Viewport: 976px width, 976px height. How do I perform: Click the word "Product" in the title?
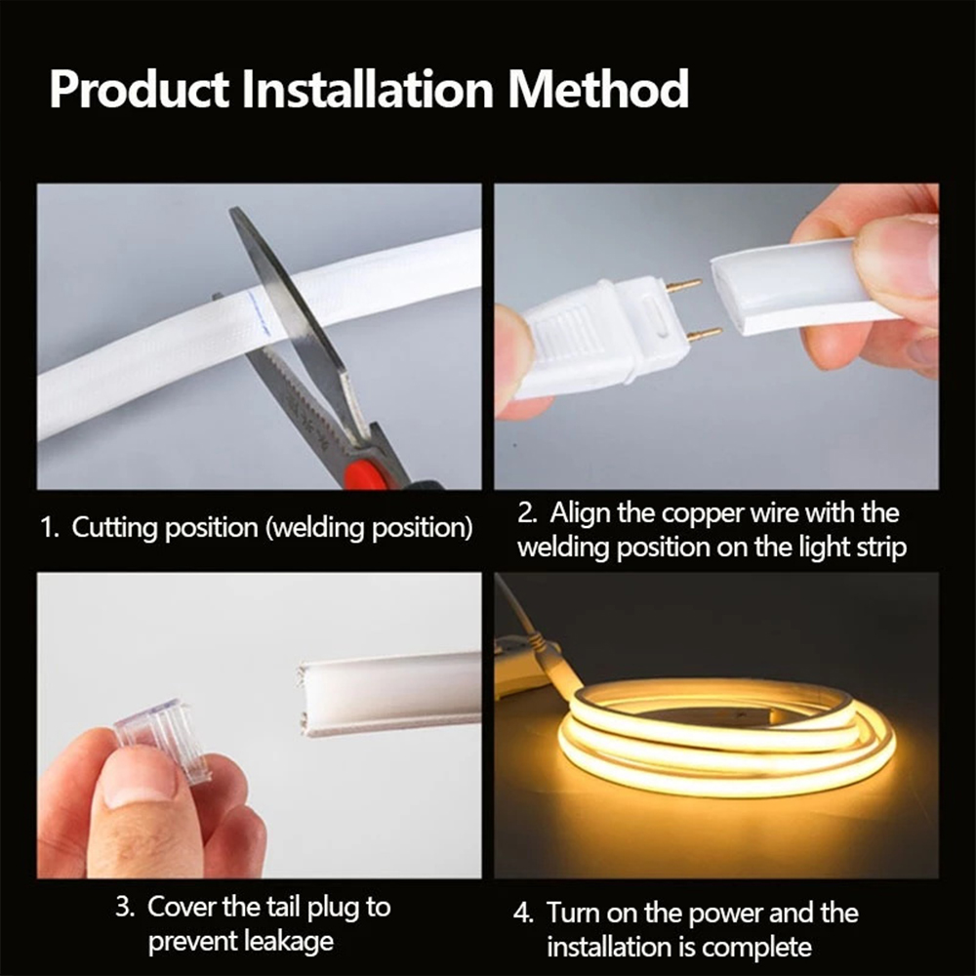(x=140, y=89)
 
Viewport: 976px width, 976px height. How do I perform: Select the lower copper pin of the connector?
(x=703, y=335)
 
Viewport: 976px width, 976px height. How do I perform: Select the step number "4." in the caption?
(x=524, y=914)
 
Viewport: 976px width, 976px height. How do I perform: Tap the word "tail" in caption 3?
(x=274, y=907)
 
